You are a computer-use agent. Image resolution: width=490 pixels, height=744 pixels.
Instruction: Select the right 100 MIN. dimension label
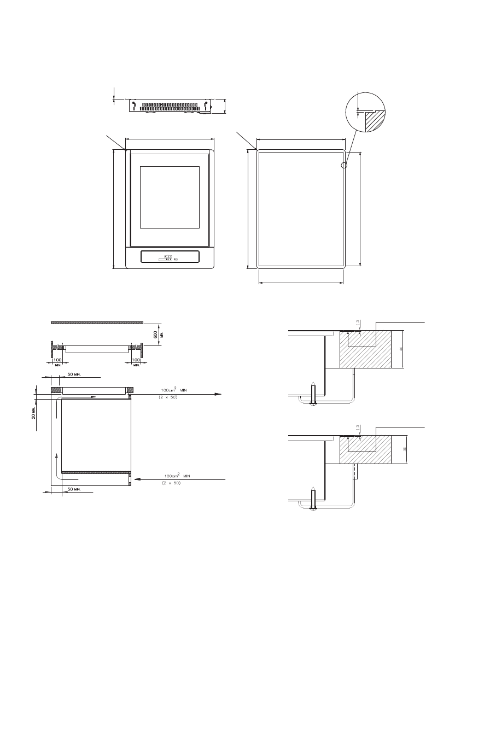coord(137,361)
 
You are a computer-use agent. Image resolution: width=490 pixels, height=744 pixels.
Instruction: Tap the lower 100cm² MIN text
coord(178,476)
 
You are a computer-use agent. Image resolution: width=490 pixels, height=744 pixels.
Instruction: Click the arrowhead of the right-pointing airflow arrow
coord(218,394)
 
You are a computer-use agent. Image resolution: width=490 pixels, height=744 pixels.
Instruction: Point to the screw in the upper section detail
coord(312,395)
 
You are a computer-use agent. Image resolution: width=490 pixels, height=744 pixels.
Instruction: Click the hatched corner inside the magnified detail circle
coord(374,120)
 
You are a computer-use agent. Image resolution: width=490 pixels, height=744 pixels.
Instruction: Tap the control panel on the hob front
coord(170,257)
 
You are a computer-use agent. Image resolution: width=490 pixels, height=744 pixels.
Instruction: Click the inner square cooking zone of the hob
coord(170,197)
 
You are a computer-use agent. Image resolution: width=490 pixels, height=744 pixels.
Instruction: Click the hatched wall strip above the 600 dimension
coord(97,323)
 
